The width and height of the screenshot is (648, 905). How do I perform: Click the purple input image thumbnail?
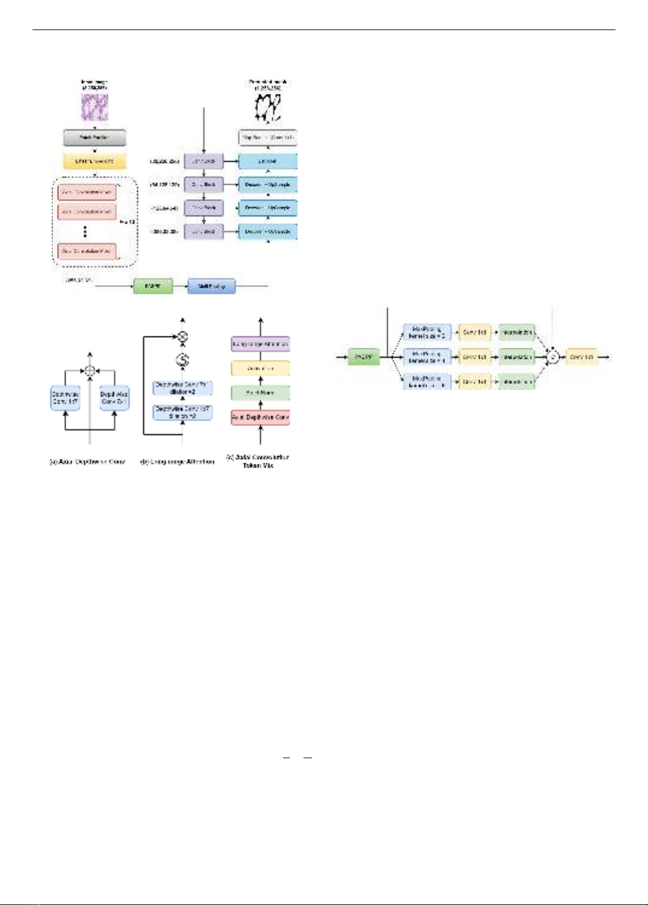[x=94, y=107]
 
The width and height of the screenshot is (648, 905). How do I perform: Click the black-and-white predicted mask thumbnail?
[x=267, y=108]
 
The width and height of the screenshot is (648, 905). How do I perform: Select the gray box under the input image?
[x=94, y=138]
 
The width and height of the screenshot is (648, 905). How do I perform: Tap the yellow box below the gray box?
[x=94, y=161]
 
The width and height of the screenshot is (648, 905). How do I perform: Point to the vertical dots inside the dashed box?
[x=85, y=232]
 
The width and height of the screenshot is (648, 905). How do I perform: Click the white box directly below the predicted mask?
[x=267, y=138]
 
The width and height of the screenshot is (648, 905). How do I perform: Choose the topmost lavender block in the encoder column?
[x=203, y=161]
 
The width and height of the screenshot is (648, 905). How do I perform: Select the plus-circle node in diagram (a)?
[x=90, y=371]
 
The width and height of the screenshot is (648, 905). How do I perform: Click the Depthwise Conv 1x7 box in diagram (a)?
[x=65, y=398]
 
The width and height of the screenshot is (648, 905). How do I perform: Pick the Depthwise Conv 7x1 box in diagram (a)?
[x=114, y=398]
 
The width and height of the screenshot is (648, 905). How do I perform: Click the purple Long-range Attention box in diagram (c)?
[x=260, y=344]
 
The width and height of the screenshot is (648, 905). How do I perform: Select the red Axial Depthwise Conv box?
[x=260, y=417]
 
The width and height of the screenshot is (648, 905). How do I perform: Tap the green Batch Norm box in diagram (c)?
[x=260, y=393]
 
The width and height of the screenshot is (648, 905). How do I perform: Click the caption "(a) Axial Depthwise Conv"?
[x=88, y=462]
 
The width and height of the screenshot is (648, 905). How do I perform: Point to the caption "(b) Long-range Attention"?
[x=177, y=462]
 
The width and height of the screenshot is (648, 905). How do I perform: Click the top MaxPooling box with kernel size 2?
[x=427, y=333]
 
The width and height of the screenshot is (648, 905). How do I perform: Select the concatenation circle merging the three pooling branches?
[x=553, y=357]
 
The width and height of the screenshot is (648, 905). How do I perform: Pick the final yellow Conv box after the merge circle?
[x=581, y=357]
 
